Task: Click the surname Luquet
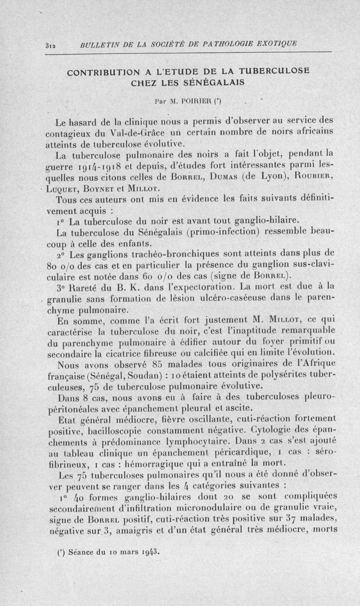tap(66, 187)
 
